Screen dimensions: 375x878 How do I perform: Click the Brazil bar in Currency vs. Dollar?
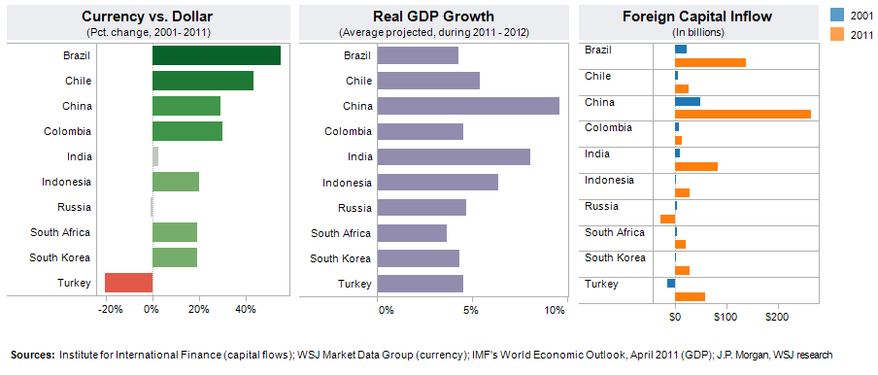click(x=216, y=55)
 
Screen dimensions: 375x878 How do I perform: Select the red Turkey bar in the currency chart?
click(x=128, y=283)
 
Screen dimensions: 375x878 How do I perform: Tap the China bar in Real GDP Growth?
click(x=467, y=106)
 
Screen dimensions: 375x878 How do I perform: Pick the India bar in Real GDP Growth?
click(x=453, y=156)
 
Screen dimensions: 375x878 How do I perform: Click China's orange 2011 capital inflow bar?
click(x=742, y=114)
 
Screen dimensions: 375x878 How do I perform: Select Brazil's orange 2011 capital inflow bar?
click(x=710, y=62)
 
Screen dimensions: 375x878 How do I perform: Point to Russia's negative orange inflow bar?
click(x=667, y=219)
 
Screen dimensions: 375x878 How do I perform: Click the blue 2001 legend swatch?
click(x=835, y=15)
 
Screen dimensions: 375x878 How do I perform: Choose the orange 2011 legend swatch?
click(x=835, y=35)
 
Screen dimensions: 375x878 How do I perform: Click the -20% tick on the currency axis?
click(x=110, y=310)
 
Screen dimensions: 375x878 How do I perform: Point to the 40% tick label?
click(x=245, y=310)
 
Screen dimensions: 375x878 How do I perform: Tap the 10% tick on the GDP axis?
click(x=555, y=310)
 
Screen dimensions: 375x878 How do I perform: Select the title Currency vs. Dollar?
click(x=149, y=17)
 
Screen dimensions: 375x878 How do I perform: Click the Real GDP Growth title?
click(x=433, y=17)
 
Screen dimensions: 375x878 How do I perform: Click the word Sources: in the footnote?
click(x=32, y=355)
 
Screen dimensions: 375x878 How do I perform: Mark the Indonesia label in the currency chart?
click(x=67, y=182)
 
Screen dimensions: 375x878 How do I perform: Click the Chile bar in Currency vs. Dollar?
click(x=202, y=81)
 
